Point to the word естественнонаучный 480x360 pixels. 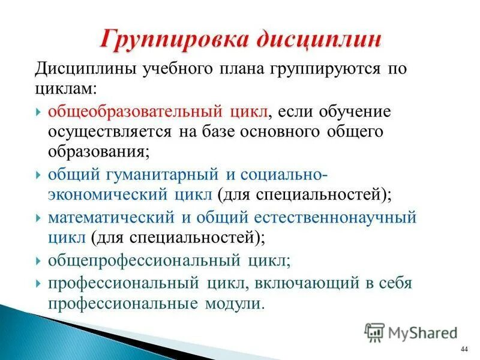(x=343, y=218)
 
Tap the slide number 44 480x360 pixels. (x=464, y=350)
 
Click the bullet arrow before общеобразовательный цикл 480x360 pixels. (x=38, y=113)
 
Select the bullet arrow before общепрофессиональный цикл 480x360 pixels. (x=38, y=262)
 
